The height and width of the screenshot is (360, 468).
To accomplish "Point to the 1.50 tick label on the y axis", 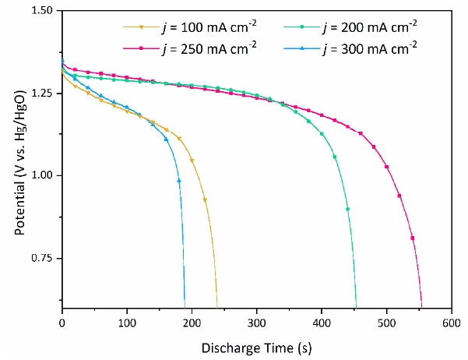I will click(x=45, y=11).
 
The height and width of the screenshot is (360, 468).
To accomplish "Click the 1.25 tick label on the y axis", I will click(x=45, y=94).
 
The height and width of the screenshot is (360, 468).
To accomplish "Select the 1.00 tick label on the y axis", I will click(x=45, y=176).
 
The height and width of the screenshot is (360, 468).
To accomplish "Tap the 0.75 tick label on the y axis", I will click(x=45, y=258).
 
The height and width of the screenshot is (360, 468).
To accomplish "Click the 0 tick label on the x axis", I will click(x=62, y=321).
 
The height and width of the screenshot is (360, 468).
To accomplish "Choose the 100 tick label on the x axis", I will click(x=127, y=321).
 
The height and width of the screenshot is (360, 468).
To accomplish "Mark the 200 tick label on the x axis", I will click(x=192, y=321).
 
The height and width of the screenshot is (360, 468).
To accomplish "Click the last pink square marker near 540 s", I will click(x=412, y=238).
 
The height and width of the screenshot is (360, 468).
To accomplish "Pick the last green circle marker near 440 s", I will click(x=347, y=209).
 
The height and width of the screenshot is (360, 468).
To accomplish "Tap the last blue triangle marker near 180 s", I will click(x=179, y=181).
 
